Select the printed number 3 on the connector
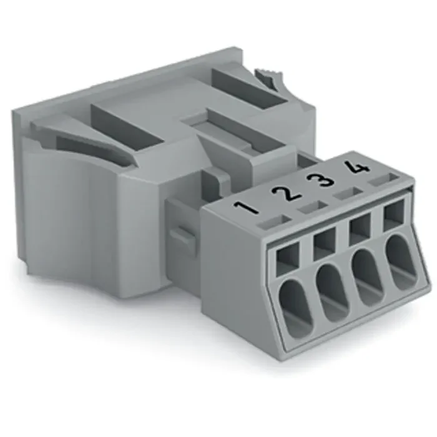pyautogui.click(x=321, y=181)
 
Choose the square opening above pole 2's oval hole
pyautogui.click(x=325, y=242)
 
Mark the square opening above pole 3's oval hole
pyautogui.click(x=360, y=228)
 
